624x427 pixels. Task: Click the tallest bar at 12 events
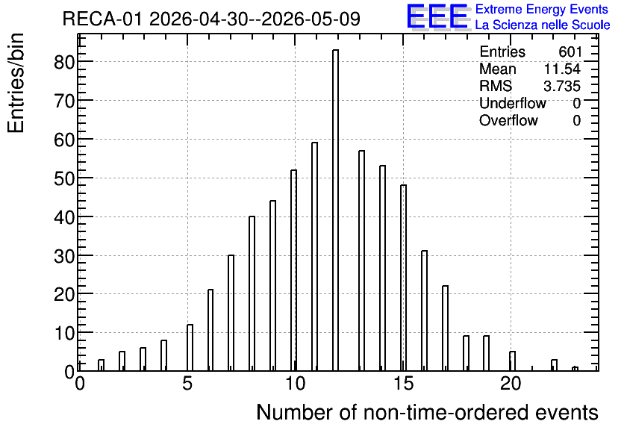point(335,210)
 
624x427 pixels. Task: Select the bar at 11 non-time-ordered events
point(314,257)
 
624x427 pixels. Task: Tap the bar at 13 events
point(361,261)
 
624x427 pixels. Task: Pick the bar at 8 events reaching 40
point(252,293)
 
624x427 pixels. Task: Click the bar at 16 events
point(424,311)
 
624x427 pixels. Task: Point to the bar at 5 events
point(190,348)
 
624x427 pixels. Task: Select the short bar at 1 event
point(101,365)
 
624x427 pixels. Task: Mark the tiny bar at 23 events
point(575,369)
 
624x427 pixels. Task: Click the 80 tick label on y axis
point(64,62)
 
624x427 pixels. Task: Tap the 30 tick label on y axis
point(64,256)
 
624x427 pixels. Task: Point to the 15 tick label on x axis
point(403,384)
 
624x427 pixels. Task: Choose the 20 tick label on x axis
point(511,384)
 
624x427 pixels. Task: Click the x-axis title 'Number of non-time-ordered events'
point(427,412)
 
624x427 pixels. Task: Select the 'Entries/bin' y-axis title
point(16,83)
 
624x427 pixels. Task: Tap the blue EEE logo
point(437,16)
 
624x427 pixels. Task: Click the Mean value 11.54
point(562,69)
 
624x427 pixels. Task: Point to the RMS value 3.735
point(562,86)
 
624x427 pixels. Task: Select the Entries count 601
point(570,52)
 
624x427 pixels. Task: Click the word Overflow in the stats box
point(508,120)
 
